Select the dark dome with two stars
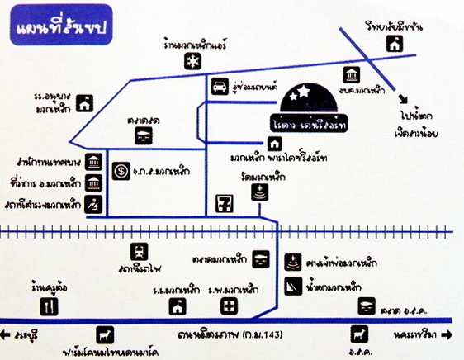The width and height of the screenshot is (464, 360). click(x=307, y=99)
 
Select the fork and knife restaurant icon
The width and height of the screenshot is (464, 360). click(x=54, y=306)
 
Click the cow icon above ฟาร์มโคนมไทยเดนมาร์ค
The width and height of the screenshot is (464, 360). click(x=105, y=335)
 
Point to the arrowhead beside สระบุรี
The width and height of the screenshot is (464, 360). click(x=7, y=335)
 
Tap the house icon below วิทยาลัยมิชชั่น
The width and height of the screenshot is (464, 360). click(x=395, y=44)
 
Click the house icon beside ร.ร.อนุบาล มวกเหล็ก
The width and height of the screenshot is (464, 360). click(x=85, y=103)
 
